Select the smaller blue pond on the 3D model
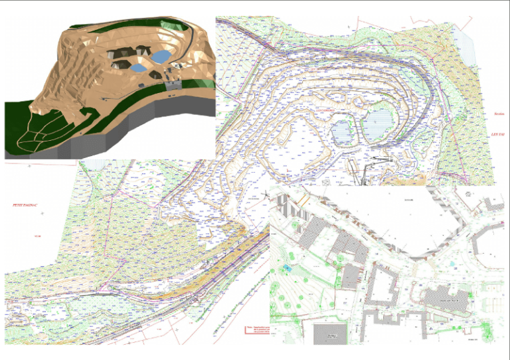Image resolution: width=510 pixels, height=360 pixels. (x=138, y=67)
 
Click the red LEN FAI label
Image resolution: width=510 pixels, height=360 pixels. (x=497, y=134)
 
